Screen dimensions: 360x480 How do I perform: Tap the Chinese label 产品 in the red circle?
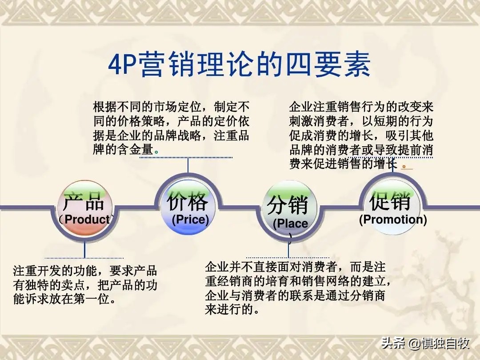84,202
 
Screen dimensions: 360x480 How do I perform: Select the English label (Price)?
190,219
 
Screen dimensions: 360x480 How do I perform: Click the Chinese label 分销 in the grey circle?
288,206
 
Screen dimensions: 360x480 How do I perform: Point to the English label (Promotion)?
393,220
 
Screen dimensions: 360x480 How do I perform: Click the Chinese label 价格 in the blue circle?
187,202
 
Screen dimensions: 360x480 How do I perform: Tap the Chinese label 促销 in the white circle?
390,202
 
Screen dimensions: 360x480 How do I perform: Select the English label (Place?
290,224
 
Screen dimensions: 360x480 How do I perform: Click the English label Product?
87,219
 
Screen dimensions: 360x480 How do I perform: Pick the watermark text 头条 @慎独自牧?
425,344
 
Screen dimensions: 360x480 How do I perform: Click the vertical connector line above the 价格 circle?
188,165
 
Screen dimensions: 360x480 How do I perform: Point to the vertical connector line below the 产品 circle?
84,249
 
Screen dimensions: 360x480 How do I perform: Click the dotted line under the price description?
186,157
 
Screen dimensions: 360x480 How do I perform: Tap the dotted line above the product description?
84,258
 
